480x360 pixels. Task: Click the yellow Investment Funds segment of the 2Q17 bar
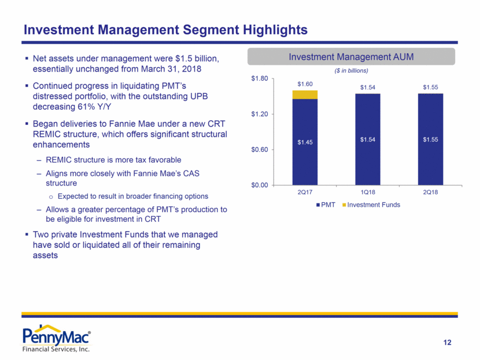pyautogui.click(x=305, y=94)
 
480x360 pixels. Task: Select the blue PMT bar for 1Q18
pyautogui.click(x=367, y=139)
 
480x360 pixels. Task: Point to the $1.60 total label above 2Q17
pyautogui.click(x=305, y=84)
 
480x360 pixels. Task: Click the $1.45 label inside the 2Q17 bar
pyautogui.click(x=305, y=142)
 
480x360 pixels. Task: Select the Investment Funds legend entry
pyautogui.click(x=372, y=205)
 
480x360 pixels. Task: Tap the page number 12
pyautogui.click(x=447, y=343)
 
